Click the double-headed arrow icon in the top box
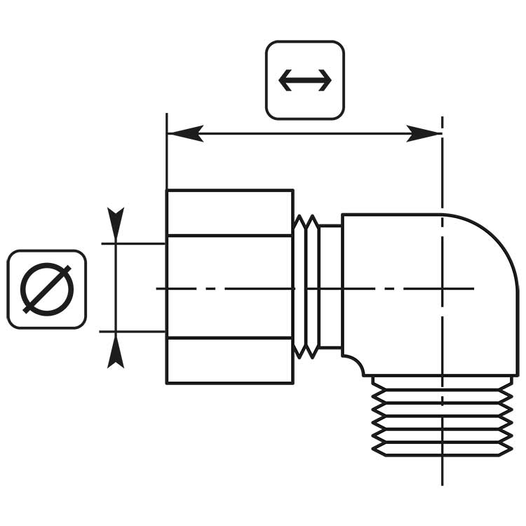[x=305, y=80]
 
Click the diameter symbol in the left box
[x=47, y=289]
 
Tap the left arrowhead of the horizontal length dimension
[x=184, y=133]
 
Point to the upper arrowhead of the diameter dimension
[x=116, y=223]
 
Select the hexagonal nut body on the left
[x=229, y=287]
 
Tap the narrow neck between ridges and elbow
[x=330, y=287]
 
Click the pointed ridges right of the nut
[x=306, y=287]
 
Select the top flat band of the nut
[x=229, y=213]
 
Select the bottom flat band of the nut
[x=229, y=361]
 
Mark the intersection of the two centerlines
[x=442, y=288]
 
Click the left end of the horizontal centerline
[x=159, y=288]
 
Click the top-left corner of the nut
[x=167, y=190]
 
